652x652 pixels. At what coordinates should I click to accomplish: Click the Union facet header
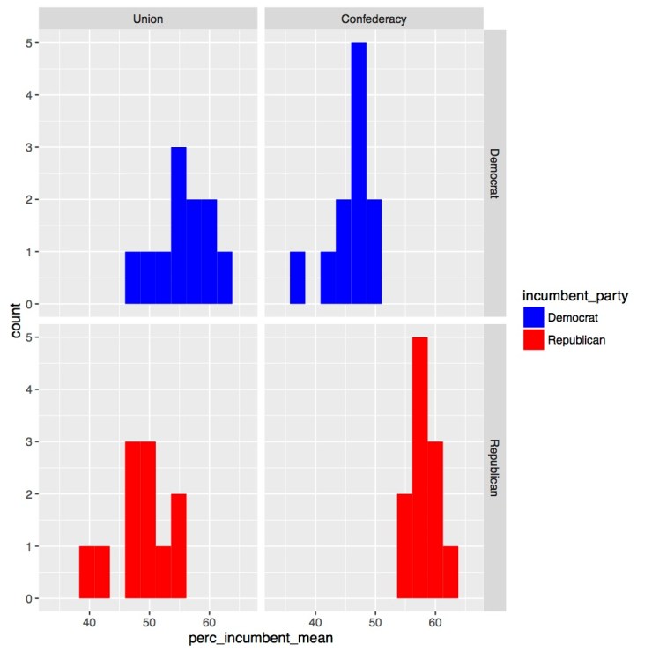point(149,19)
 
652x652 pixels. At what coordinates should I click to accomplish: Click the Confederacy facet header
point(374,19)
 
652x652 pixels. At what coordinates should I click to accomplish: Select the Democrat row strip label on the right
point(494,173)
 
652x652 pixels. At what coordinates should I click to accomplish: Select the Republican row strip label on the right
point(494,467)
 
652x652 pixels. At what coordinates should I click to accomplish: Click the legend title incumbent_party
point(573,292)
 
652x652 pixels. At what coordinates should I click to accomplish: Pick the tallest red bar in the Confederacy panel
point(419,468)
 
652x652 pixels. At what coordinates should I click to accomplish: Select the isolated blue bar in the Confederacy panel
point(298,278)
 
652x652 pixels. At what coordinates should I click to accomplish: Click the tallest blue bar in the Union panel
point(179,226)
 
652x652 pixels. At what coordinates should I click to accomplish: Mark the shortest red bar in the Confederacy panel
point(450,573)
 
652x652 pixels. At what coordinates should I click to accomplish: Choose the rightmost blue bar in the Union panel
point(225,278)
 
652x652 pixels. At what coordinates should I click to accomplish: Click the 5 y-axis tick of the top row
point(28,42)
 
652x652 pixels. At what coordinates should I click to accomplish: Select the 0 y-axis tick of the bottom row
point(28,599)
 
